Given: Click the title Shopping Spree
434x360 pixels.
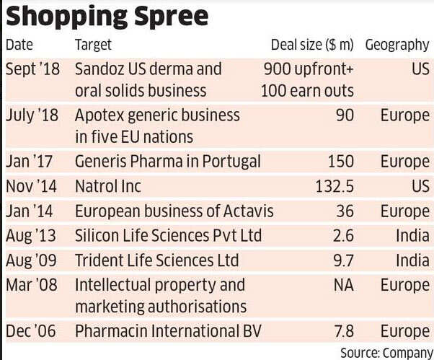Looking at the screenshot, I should (x=107, y=16).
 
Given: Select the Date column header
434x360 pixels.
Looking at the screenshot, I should (x=19, y=45).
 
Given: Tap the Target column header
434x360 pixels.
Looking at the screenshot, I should (x=93, y=45).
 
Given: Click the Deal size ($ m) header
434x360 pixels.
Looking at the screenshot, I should (x=312, y=45).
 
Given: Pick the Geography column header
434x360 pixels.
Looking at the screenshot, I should (x=397, y=45).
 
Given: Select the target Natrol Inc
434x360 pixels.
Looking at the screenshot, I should (x=108, y=187).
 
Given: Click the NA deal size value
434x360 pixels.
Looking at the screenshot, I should (x=342, y=285).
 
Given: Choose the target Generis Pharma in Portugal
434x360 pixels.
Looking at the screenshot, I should (x=167, y=162).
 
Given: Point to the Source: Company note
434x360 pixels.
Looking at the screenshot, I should (x=385, y=351).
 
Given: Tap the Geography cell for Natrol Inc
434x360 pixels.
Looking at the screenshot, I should (x=420, y=187).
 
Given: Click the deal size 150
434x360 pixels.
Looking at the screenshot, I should (x=340, y=162).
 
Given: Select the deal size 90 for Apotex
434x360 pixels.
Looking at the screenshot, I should (x=344, y=115).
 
